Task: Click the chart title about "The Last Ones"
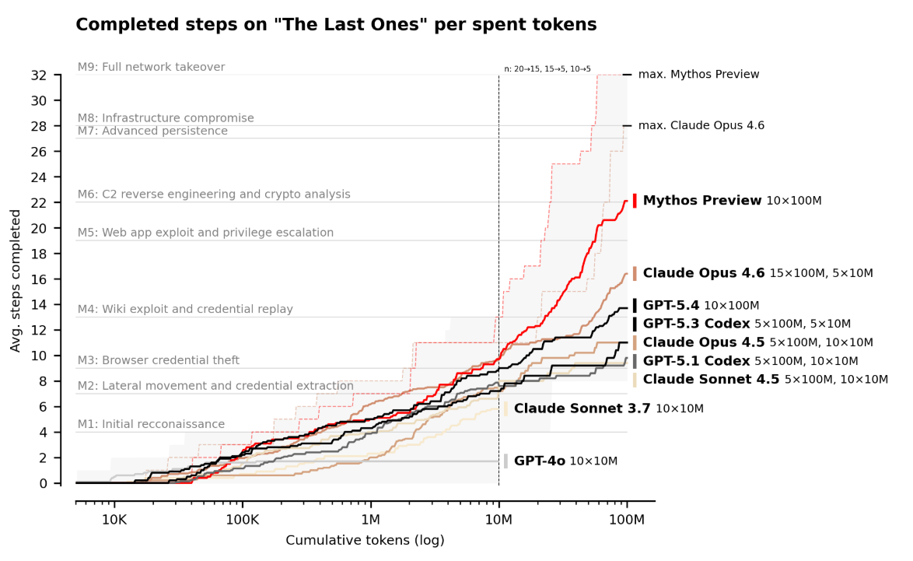[x=336, y=25]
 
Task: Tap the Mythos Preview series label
[x=702, y=201]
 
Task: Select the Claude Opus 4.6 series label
[x=704, y=273]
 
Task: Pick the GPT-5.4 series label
[x=671, y=306]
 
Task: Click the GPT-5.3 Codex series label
[x=696, y=324]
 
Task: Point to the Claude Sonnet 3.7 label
[x=582, y=408]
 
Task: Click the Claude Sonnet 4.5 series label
[x=711, y=380]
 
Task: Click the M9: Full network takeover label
[x=151, y=67]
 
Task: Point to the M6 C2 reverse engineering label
[x=214, y=195]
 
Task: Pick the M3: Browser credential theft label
[x=159, y=360]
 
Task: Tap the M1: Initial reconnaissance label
[x=151, y=424]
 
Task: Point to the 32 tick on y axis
[x=60, y=75]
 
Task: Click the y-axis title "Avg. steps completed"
[x=16, y=280]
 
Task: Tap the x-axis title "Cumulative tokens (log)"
[x=365, y=540]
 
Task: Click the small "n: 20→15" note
[x=547, y=69]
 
